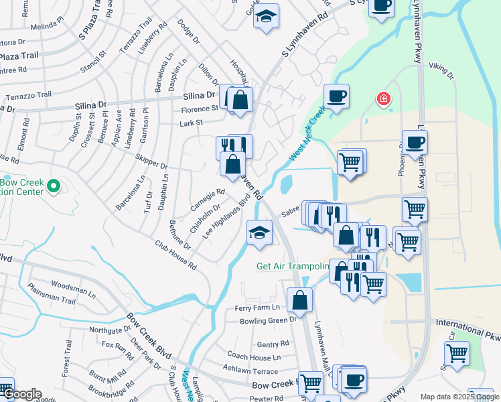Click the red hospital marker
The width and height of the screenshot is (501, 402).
point(383,100)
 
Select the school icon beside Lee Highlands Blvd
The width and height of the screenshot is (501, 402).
point(260,233)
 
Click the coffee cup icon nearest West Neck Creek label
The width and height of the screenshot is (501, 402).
point(336,96)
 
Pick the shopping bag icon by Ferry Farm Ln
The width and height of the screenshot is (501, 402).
point(299,301)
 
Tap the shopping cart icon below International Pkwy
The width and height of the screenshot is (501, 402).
point(457,352)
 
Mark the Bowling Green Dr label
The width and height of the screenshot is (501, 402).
point(268,320)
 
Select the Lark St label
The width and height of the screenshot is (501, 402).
point(191,123)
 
